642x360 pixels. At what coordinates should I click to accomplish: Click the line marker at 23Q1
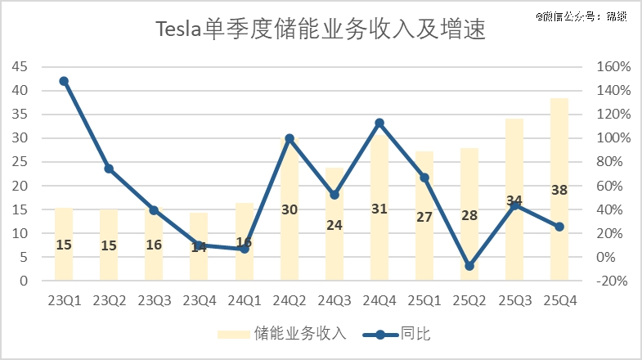tap(64, 81)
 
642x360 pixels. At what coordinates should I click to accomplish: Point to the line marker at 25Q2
tap(469, 266)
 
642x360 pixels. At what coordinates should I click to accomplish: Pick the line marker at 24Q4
tap(379, 123)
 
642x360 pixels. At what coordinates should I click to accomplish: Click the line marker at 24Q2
tap(290, 138)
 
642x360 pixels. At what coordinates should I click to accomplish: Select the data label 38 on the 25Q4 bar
tap(559, 190)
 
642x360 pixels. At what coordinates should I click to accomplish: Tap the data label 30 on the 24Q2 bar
tap(290, 209)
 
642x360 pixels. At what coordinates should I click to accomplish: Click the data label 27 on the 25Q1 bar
tap(424, 218)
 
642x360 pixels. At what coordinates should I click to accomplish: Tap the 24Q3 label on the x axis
tap(334, 300)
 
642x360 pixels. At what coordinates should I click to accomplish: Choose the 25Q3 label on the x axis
tap(514, 300)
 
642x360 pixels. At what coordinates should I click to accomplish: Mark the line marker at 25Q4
tap(559, 227)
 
